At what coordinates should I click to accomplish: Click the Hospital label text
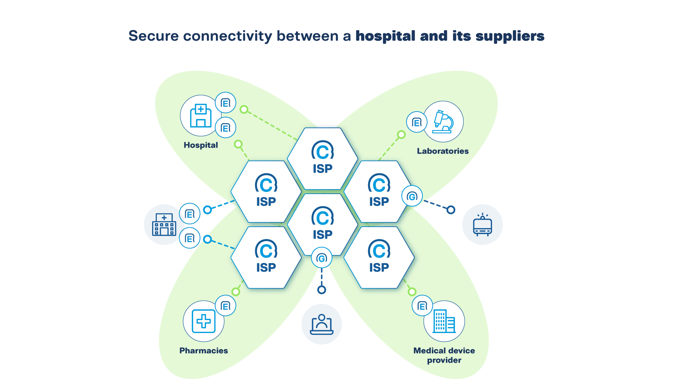200,145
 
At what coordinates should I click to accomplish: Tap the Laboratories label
442,151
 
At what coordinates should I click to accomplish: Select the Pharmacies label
203,351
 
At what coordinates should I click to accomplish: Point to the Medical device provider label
444,355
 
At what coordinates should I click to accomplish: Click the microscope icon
443,121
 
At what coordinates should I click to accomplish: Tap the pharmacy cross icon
203,321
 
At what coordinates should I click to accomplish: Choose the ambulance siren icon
482,225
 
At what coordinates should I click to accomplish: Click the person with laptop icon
321,324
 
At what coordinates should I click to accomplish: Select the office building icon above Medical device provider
444,321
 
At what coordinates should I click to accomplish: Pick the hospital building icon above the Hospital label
200,115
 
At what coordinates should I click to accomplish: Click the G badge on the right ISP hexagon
412,196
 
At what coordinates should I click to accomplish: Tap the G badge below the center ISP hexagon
321,258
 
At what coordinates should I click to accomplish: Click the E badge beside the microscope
416,122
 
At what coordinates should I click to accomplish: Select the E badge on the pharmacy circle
225,306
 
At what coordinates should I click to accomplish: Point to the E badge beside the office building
422,306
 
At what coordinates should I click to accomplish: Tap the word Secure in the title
154,36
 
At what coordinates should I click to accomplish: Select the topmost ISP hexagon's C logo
322,151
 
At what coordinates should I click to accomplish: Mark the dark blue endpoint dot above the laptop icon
321,290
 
